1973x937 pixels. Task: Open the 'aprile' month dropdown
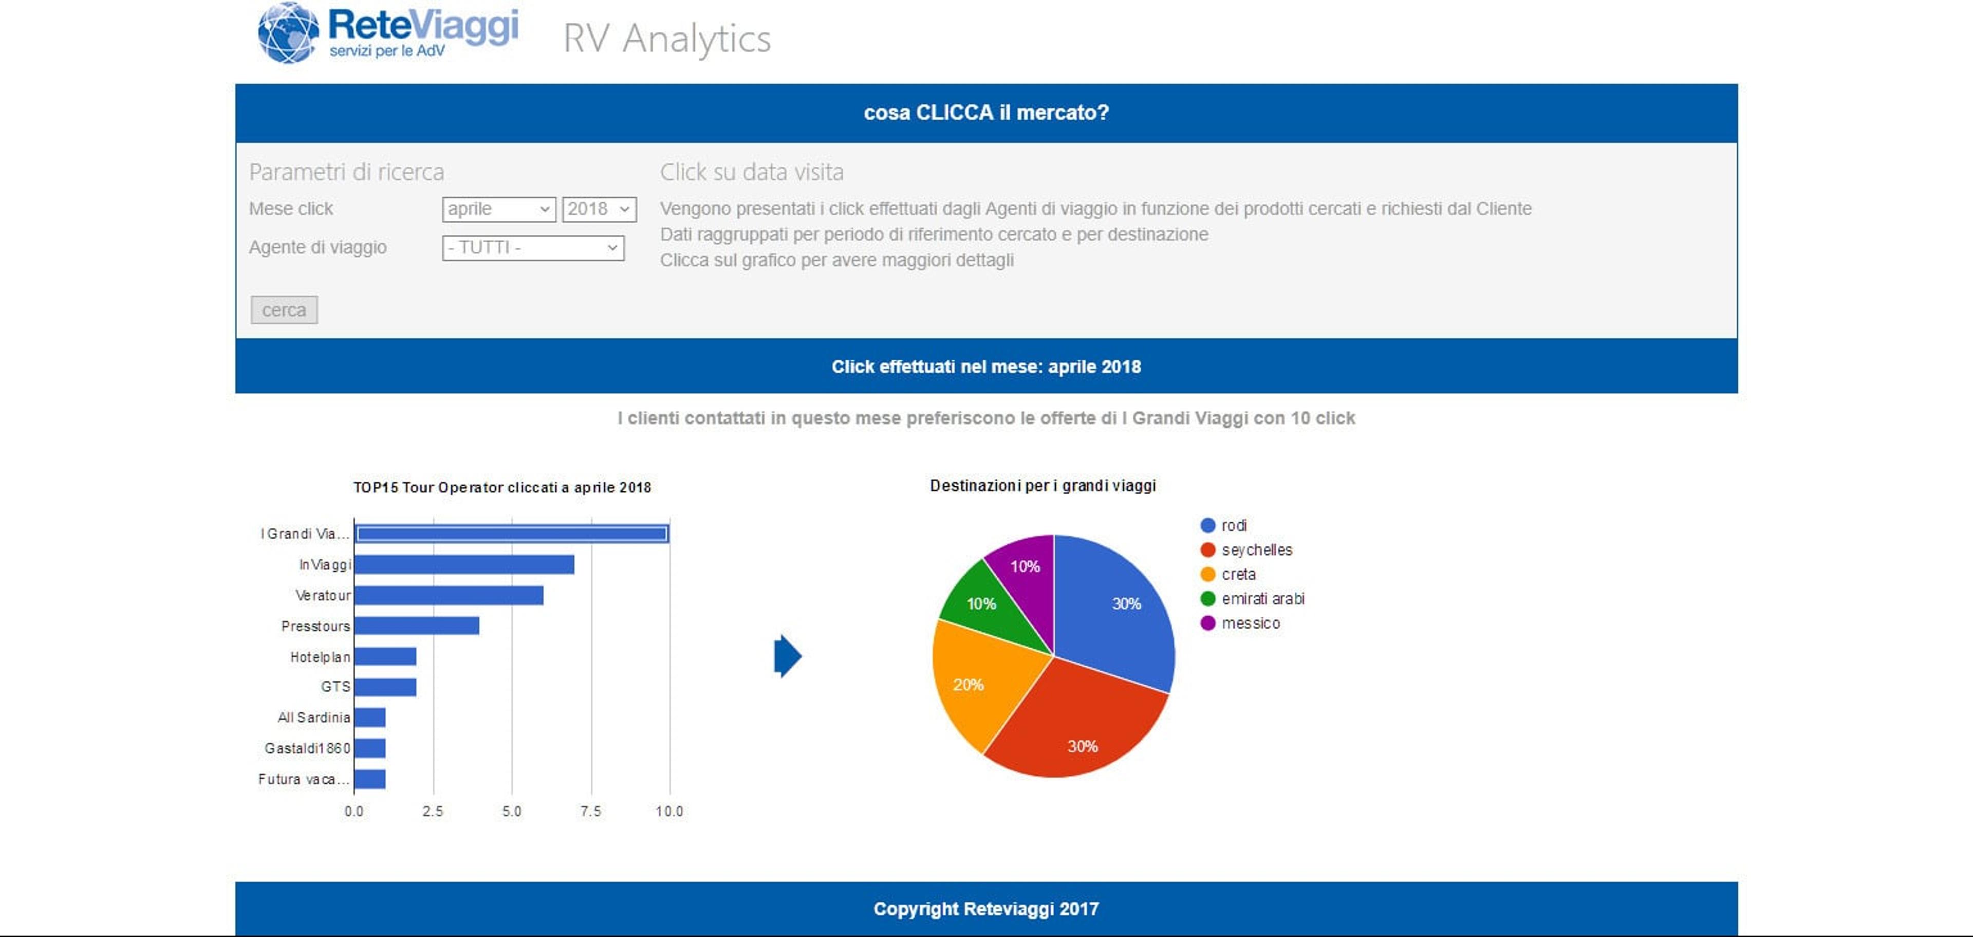[498, 209]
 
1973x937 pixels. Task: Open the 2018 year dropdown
[599, 209]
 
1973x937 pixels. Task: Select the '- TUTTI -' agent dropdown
[533, 247]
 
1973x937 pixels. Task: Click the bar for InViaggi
[464, 565]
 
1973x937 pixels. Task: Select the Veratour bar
[449, 595]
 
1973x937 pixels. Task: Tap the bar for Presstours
[417, 626]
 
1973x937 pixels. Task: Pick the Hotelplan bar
[385, 656]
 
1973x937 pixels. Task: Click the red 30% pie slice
[1076, 728]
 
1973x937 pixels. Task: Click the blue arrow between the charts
[787, 656]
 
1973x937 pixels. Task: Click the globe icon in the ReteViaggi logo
[288, 33]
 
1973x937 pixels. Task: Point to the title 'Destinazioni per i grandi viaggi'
[1043, 486]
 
